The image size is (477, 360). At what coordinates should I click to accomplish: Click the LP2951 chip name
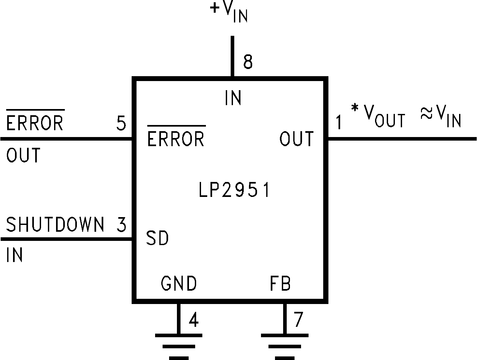coord(234,190)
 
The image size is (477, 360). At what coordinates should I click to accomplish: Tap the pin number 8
coord(248,62)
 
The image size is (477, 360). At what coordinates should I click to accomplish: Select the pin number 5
coord(121,124)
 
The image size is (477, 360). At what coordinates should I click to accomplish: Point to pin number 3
coord(121,225)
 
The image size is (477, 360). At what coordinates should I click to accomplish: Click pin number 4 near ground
coord(194,320)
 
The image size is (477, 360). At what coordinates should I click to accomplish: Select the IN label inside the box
coord(233,98)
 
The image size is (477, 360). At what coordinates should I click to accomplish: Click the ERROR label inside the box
coord(176,139)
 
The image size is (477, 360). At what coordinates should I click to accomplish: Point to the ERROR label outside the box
coord(35,123)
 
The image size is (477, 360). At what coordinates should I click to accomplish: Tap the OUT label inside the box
coord(296,139)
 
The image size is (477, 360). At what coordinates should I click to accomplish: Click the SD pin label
coord(157,238)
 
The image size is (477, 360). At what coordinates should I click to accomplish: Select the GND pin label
coord(179,284)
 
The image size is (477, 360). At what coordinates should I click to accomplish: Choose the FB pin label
coord(280,284)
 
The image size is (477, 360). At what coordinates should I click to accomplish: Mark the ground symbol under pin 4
coord(179,346)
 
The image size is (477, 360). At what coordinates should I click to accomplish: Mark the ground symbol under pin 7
coord(285,346)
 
